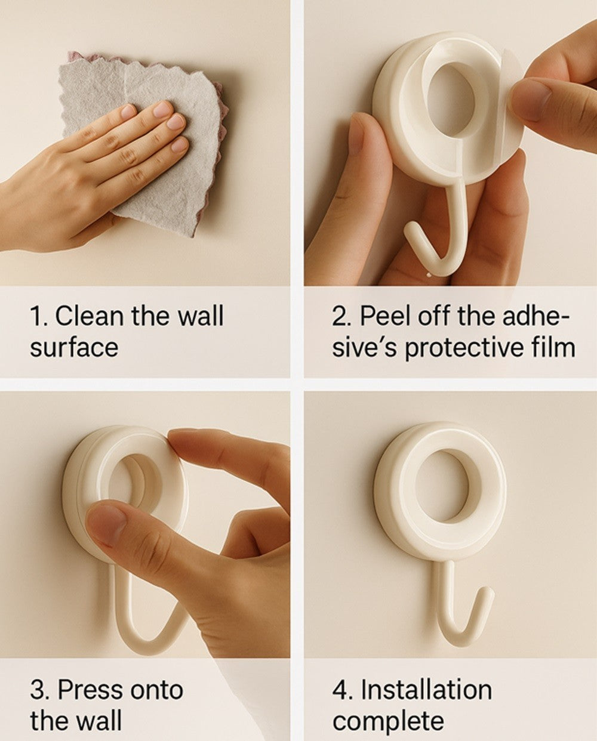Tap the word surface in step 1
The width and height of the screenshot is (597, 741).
click(73, 347)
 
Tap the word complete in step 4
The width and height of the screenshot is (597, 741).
click(388, 721)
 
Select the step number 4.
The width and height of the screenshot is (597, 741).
click(340, 690)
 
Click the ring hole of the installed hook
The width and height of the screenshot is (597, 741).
click(442, 486)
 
